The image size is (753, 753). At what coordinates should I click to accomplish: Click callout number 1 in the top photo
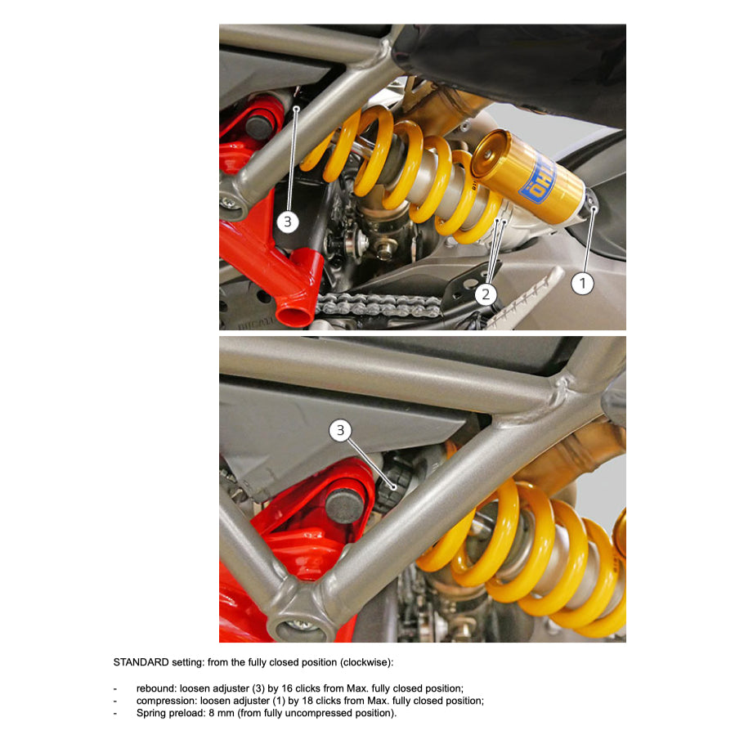pos(582,284)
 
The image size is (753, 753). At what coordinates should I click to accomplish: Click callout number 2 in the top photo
pos(486,294)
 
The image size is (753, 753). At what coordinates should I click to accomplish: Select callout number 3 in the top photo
pos(288,222)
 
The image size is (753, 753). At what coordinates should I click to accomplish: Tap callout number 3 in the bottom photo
pos(340,430)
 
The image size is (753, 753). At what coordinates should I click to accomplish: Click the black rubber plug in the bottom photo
pos(344,506)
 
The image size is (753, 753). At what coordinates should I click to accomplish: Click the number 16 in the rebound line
pos(287,688)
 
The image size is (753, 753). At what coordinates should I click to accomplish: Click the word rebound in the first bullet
pos(155,688)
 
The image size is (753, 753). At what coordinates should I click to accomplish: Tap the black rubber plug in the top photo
pos(259,126)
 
